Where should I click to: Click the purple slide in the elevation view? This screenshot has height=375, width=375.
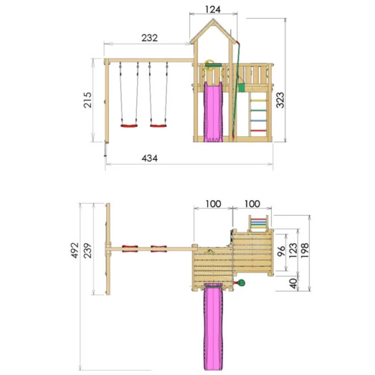click(213, 111)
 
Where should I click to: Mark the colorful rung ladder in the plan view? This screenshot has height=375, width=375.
click(257, 222)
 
